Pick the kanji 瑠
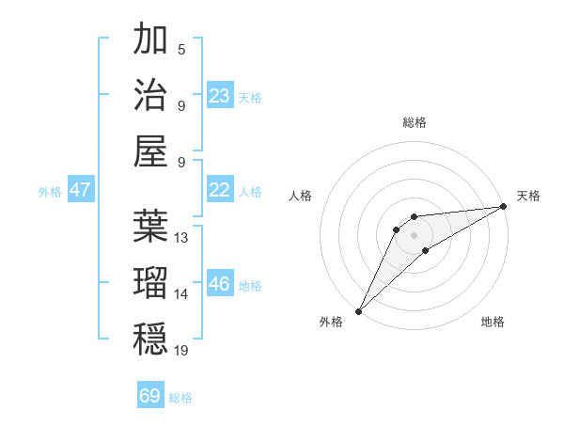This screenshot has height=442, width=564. [x=150, y=281]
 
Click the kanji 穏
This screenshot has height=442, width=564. [x=150, y=337]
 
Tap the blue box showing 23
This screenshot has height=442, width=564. [x=220, y=96]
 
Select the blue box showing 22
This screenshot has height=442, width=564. [x=220, y=190]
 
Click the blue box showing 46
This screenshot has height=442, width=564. [x=220, y=284]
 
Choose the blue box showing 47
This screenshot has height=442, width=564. [x=80, y=190]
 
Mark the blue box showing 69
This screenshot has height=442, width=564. [x=150, y=396]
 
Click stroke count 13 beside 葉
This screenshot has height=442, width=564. [x=181, y=238]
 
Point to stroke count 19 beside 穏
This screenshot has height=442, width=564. [x=181, y=350]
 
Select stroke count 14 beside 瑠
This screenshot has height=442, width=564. [x=181, y=294]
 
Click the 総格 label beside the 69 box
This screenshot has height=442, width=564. [x=180, y=398]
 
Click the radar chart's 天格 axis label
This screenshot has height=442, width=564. [x=528, y=196]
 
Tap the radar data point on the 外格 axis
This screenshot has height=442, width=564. [x=358, y=311]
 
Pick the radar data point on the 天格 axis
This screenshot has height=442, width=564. [x=503, y=207]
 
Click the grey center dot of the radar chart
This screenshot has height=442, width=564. [x=414, y=234]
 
